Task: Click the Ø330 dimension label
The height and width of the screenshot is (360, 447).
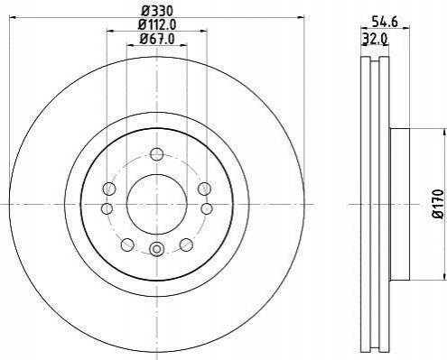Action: [157, 11]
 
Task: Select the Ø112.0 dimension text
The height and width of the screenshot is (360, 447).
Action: [157, 24]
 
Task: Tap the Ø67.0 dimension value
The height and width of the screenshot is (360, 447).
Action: [157, 39]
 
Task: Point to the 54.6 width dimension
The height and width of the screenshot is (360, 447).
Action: [385, 22]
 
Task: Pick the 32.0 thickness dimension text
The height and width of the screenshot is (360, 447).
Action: [375, 39]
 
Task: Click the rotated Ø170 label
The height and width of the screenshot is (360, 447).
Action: [438, 204]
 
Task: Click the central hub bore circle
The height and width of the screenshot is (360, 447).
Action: [157, 205]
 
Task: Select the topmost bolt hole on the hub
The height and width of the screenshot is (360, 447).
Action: [156, 154]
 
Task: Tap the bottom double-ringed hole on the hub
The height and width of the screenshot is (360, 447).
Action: [156, 249]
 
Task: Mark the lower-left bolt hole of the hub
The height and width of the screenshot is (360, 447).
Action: [127, 245]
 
